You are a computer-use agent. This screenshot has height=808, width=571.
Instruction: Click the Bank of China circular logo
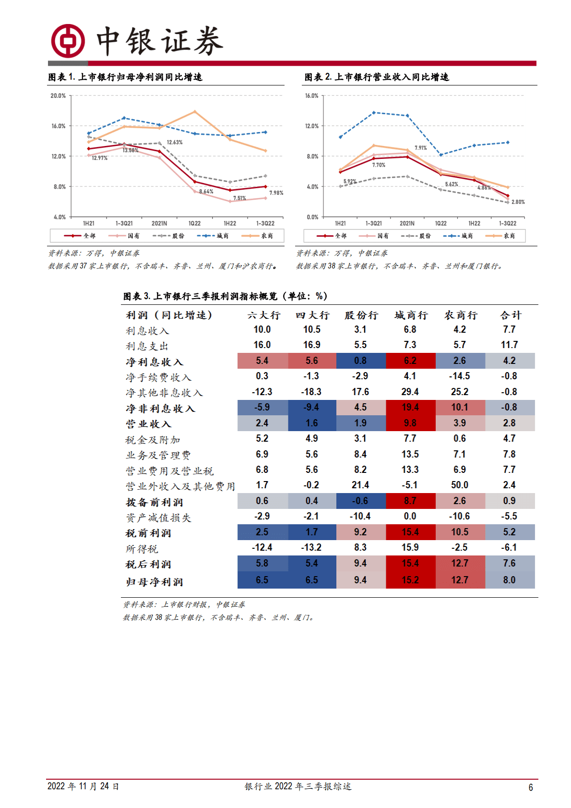(68, 41)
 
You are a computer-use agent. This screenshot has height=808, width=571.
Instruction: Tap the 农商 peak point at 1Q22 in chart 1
(194, 112)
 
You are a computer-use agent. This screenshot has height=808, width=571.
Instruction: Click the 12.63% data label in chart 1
(175, 143)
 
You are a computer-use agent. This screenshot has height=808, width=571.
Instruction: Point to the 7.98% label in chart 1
(276, 193)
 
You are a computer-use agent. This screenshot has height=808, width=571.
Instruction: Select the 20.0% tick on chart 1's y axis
(58, 96)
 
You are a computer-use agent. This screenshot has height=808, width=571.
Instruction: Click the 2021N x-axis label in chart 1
(159, 224)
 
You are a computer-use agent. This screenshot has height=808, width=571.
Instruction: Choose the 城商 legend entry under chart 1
(216, 236)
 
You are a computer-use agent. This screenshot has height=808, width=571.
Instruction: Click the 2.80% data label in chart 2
(518, 202)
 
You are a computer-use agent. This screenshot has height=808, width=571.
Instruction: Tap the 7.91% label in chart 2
(420, 148)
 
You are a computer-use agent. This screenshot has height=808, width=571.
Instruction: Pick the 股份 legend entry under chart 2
(418, 236)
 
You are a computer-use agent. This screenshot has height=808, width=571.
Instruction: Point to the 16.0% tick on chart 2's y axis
(311, 96)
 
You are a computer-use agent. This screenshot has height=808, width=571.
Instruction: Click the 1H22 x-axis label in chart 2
(474, 224)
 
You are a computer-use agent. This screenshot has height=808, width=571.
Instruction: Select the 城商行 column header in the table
(411, 315)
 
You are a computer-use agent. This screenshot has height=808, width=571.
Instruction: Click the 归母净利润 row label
(155, 582)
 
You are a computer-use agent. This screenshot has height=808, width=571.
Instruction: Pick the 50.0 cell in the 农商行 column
(459, 485)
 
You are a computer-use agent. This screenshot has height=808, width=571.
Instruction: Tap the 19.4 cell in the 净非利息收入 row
(410, 408)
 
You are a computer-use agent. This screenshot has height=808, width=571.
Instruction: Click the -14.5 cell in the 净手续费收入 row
(459, 376)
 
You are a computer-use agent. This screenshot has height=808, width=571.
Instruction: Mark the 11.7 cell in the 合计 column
(509, 345)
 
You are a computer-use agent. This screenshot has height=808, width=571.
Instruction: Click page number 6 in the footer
(531, 787)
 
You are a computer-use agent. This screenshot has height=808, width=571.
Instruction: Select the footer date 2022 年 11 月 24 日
(83, 786)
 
